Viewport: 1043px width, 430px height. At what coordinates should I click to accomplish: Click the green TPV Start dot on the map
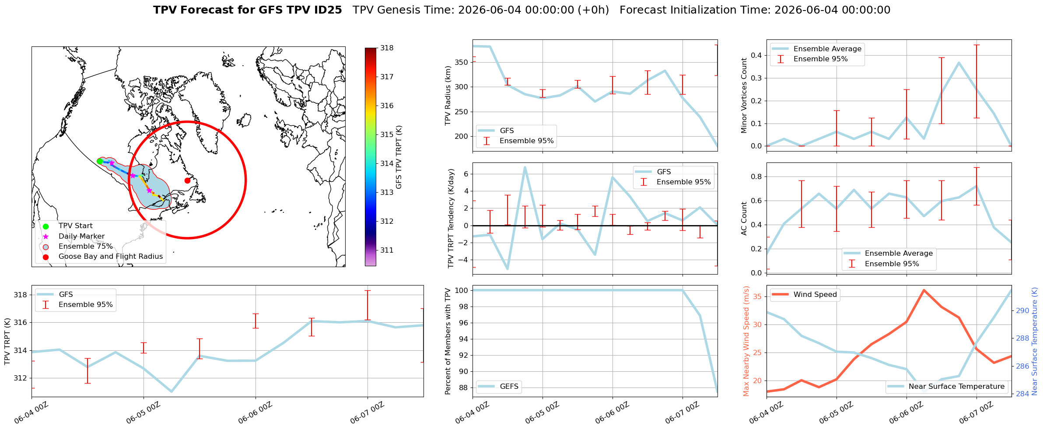coord(100,161)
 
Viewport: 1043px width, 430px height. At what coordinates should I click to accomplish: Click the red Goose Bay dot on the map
coord(187,180)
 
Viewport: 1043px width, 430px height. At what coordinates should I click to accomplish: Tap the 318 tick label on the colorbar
coord(387,48)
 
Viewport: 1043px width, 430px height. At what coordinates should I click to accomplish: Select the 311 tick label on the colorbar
coord(387,250)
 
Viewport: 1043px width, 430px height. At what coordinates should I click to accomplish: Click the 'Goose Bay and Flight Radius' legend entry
coord(111,257)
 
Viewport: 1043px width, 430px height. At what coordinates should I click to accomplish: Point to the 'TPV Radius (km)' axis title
coord(448,95)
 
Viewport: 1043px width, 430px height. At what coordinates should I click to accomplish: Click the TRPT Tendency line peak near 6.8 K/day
coord(525,167)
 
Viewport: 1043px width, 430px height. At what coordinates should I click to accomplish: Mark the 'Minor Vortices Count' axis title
coord(744,95)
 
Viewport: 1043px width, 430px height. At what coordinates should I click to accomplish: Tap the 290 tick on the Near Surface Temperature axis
coord(1022,311)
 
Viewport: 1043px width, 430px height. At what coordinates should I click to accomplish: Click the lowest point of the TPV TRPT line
coord(171,391)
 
